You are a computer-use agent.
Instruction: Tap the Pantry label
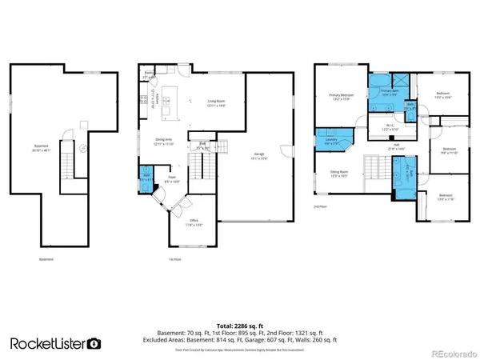point(149,73)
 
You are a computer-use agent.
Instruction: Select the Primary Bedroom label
point(341,98)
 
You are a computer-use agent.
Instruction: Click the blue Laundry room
point(331,141)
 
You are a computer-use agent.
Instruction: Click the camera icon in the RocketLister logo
point(94,342)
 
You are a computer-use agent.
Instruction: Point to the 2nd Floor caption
point(320,206)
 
